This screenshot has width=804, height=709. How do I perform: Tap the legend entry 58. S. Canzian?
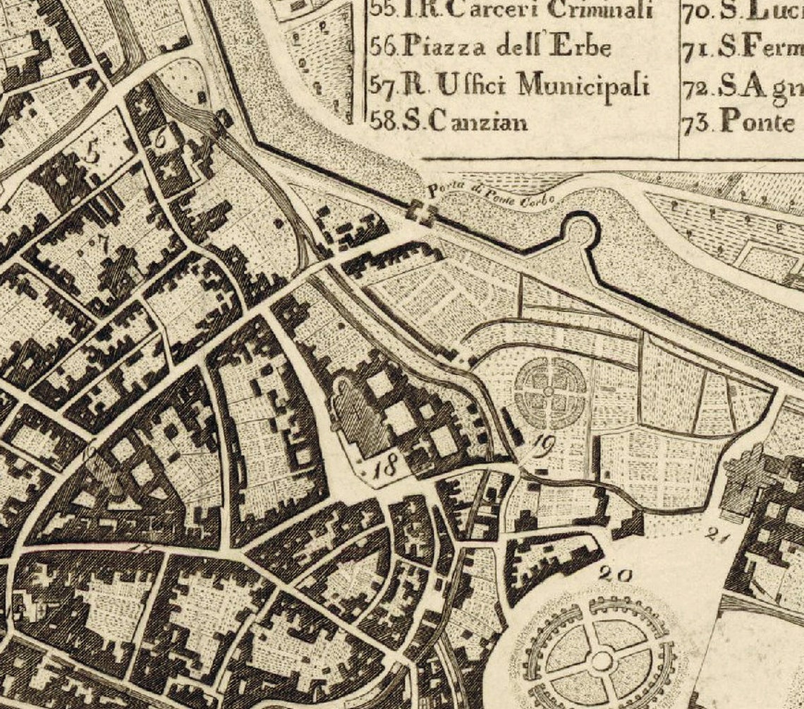point(449,121)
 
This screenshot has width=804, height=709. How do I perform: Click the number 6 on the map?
point(161,140)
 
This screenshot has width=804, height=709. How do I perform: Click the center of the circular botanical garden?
point(549,390)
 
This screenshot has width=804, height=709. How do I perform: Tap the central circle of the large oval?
point(601,661)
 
